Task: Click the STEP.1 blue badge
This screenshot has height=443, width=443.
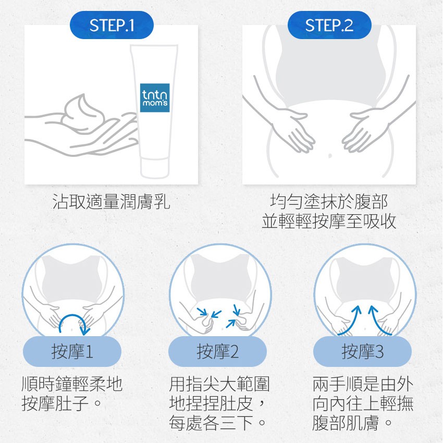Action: coord(112,25)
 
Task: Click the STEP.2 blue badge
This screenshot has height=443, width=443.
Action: coord(329,25)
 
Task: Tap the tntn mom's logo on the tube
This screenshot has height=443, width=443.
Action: coord(155,98)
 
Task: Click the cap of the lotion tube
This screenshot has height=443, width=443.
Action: coord(155,168)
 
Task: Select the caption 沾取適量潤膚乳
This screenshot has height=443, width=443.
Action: coord(112,202)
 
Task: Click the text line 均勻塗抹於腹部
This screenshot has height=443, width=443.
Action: coord(329,202)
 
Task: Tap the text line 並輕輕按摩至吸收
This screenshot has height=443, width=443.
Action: coord(329,221)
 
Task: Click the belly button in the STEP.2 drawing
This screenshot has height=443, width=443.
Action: coord(330,155)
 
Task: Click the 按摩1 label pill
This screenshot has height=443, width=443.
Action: coord(72,351)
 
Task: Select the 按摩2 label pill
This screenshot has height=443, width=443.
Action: coord(217,351)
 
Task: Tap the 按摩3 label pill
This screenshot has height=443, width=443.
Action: coord(363,351)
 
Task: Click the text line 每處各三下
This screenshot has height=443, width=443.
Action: coord(217,423)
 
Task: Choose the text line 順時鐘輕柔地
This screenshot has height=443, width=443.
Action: coord(72,384)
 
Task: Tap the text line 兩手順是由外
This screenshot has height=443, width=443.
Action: coord(363,384)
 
